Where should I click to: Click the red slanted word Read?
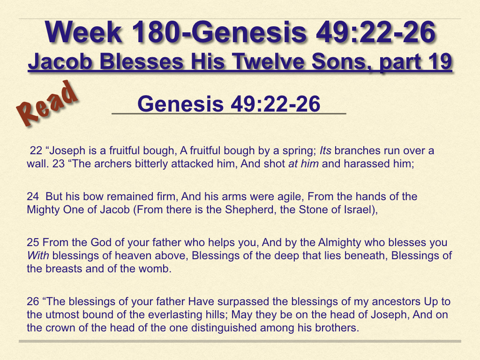47,103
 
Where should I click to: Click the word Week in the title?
83,32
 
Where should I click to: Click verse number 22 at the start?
36,150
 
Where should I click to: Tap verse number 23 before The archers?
59,164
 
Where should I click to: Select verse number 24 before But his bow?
33,196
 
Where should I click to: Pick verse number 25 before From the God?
33,242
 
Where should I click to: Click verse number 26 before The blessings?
33,301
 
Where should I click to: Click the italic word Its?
325,150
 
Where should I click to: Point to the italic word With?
38,255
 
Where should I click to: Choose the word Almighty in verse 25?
339,243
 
